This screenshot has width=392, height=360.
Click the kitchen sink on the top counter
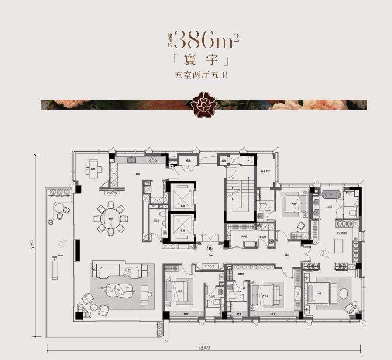(132, 160)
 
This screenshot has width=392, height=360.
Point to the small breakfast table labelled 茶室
(93, 167)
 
